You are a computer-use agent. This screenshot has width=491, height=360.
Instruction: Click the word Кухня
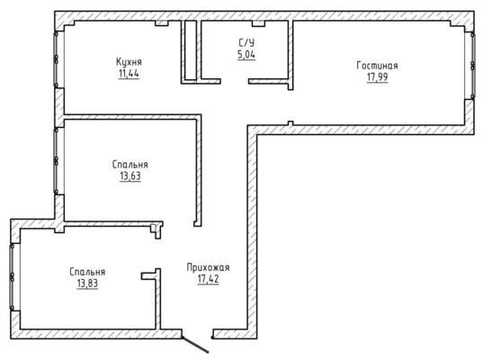(x=129, y=62)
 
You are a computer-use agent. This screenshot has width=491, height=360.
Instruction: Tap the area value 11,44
(x=129, y=74)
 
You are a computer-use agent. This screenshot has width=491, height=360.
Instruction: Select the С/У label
(x=246, y=42)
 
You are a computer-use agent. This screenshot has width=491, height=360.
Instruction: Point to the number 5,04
(x=246, y=55)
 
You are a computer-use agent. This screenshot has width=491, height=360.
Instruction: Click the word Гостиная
(x=378, y=66)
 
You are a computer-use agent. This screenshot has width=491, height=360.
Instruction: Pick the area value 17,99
(x=378, y=77)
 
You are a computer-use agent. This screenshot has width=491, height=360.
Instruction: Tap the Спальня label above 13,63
(x=130, y=165)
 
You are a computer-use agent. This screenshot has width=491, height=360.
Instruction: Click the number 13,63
(x=130, y=176)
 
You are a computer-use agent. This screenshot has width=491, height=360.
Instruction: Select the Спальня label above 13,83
(x=87, y=272)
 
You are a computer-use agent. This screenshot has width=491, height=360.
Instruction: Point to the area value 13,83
(x=87, y=283)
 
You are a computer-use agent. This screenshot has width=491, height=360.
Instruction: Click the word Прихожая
(x=209, y=267)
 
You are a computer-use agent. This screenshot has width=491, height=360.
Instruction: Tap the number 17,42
(x=209, y=279)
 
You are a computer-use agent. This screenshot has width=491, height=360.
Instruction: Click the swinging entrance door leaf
(x=195, y=345)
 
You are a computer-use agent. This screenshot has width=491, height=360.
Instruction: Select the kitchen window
(x=57, y=58)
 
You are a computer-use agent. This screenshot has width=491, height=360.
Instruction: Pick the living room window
(x=472, y=66)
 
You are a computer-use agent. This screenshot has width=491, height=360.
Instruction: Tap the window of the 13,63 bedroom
(x=57, y=161)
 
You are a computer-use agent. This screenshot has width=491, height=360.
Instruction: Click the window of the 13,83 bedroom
(x=13, y=277)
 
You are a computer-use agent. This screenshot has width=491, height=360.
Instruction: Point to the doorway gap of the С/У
(x=235, y=81)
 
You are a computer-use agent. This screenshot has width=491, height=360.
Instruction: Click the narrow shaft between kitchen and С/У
(x=191, y=49)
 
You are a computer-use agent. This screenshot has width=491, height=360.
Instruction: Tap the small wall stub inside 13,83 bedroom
(x=149, y=275)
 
